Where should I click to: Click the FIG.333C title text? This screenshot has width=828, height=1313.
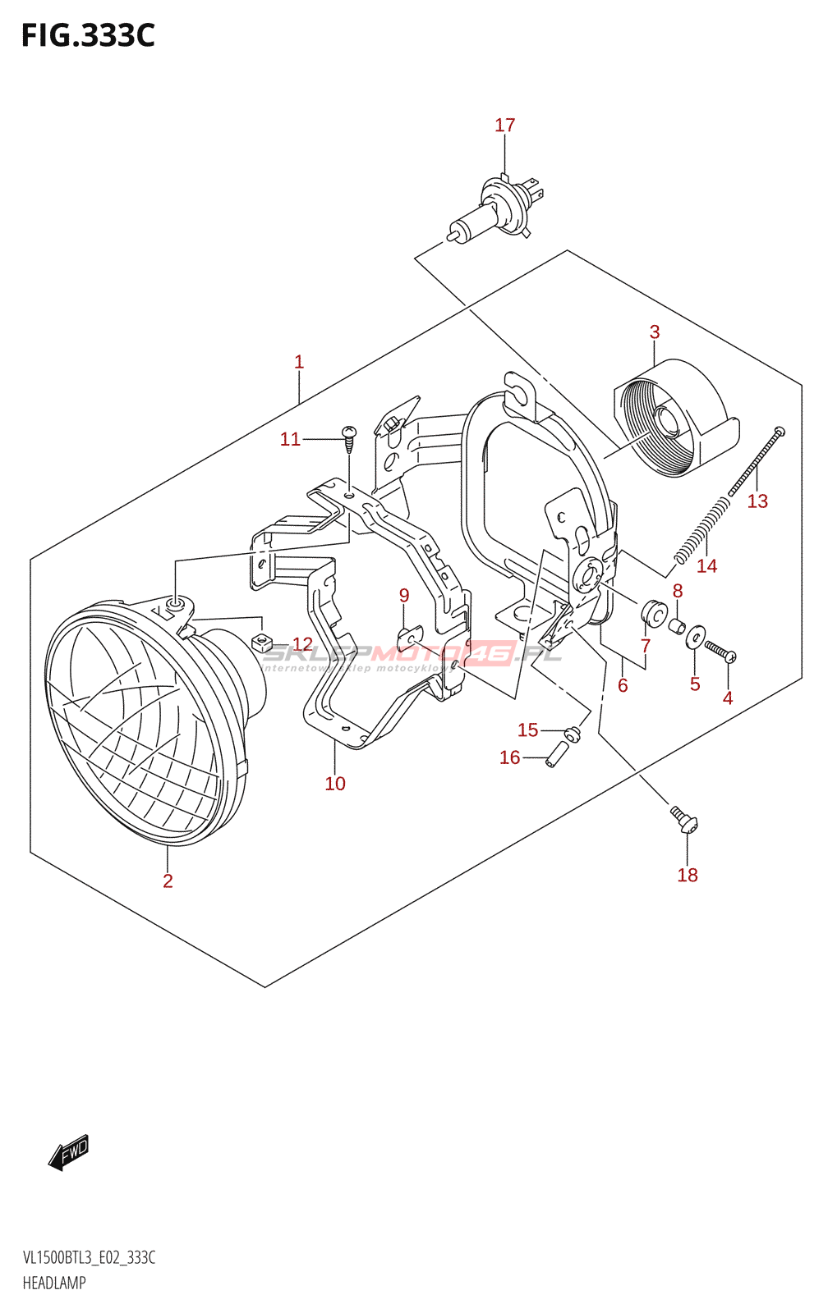[x=88, y=36]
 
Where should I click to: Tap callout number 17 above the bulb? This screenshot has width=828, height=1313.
[x=504, y=126]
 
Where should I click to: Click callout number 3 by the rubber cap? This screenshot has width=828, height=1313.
[x=655, y=332]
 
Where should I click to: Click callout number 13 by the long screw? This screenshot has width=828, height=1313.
[x=757, y=501]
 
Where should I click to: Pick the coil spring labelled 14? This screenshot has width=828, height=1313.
[x=701, y=529]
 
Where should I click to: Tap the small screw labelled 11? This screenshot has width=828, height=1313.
[x=350, y=438]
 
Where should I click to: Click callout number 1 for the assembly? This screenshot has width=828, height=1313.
[x=299, y=362]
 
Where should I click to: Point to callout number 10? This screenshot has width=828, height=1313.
[x=335, y=784]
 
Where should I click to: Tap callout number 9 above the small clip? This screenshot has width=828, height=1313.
[x=404, y=596]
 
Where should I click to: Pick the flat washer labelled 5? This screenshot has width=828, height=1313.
[x=695, y=638]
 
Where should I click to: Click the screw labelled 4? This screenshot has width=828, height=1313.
[x=720, y=652]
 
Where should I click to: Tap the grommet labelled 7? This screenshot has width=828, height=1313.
[x=654, y=613]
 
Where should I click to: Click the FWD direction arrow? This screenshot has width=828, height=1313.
[x=69, y=1152]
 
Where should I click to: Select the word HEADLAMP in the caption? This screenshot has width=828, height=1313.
[x=54, y=1283]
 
